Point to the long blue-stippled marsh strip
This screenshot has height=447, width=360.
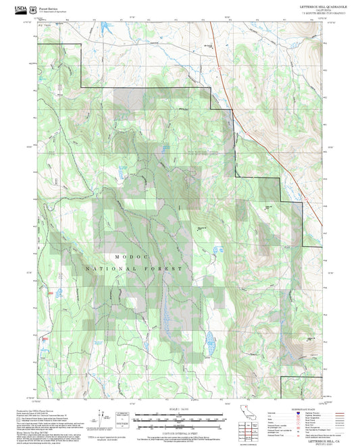click(x=164, y=311)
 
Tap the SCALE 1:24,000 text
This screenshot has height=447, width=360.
click(x=179, y=410)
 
